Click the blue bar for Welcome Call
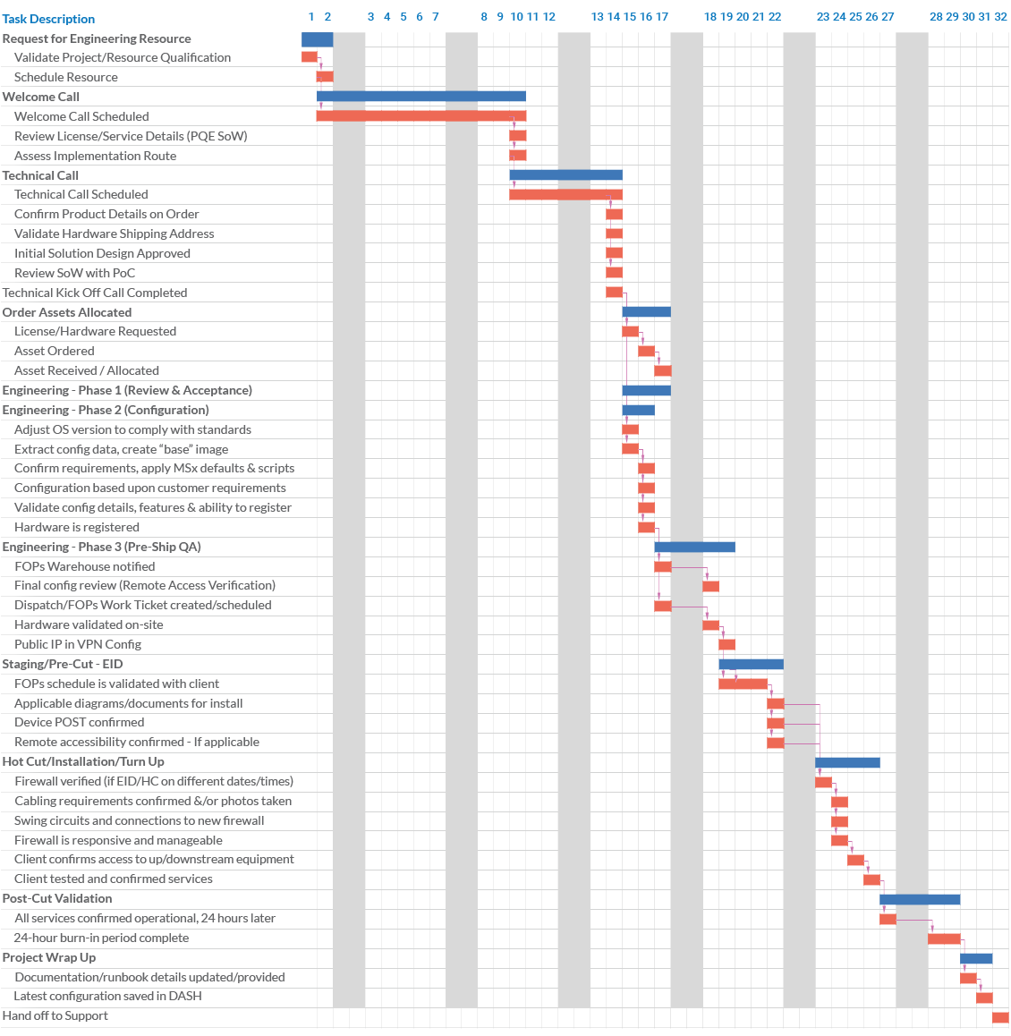(421, 97)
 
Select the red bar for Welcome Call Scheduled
(421, 116)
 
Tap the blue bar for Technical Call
(565, 175)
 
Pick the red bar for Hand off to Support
(1000, 1017)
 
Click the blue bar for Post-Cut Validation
(920, 899)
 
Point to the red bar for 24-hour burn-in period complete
(944, 938)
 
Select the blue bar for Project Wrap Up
(976, 958)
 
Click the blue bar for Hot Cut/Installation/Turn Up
(847, 762)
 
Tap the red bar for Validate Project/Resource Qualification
(310, 57)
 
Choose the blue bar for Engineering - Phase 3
(694, 547)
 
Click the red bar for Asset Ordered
(646, 351)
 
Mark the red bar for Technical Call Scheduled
(565, 194)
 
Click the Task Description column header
(48, 19)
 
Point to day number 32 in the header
(1000, 17)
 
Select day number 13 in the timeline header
(598, 17)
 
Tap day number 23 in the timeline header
(823, 17)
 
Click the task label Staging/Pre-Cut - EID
(63, 664)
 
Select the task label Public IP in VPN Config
(78, 644)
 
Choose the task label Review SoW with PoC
(74, 273)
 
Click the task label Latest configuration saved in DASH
(107, 996)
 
